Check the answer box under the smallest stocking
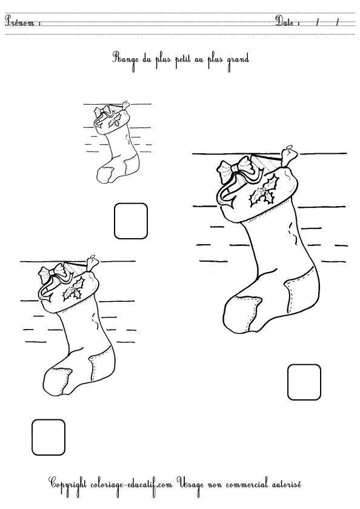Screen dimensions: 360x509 (131, 221)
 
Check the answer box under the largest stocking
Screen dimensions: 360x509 (304, 382)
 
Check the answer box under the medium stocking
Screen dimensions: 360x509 (48, 437)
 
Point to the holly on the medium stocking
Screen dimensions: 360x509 (73, 288)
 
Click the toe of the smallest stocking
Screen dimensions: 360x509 (105, 174)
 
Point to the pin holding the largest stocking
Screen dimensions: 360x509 (288, 155)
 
